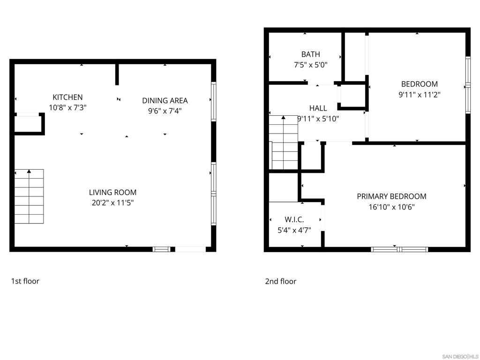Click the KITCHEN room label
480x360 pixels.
[67, 97]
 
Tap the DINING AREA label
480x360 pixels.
[165, 101]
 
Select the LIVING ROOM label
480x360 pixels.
[112, 193]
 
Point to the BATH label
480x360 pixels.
[311, 54]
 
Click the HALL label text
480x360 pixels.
[318, 108]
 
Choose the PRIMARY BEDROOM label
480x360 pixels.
[391, 196]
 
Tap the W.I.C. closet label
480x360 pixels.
[294, 219]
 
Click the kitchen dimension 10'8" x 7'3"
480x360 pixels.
[67, 108]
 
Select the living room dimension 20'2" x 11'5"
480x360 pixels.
[112, 202]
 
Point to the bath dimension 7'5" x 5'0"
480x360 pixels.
[311, 65]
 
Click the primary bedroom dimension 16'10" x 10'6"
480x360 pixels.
[391, 207]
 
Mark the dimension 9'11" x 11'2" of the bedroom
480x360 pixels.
[420, 95]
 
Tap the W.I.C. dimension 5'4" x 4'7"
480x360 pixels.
[294, 230]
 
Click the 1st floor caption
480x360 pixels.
[25, 281]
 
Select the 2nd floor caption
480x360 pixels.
[281, 281]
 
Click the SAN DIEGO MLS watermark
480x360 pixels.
[460, 357]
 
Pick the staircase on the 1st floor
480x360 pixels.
[29, 196]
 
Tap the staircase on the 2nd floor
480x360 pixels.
[284, 142]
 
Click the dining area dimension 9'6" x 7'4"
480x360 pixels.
[165, 111]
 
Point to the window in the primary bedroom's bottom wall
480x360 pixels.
[399, 249]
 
